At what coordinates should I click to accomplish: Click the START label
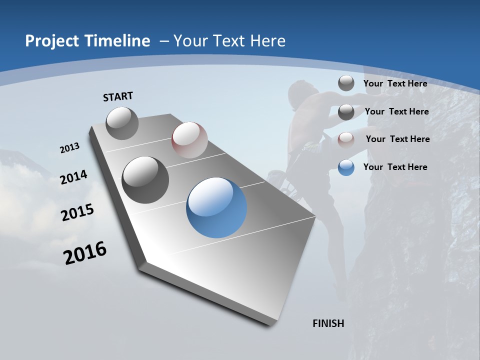[118, 96]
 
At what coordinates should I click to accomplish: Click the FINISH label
[328, 323]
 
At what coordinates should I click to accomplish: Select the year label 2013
[69, 148]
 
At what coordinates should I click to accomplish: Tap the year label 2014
[73, 177]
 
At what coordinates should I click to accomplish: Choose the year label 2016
[85, 253]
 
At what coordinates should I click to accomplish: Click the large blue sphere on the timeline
[216, 207]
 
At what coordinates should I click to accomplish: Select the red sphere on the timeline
[189, 140]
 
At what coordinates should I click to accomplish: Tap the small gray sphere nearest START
[122, 123]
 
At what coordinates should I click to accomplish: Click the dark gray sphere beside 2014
[145, 179]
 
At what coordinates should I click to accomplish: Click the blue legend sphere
[346, 167]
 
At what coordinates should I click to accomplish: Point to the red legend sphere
[346, 139]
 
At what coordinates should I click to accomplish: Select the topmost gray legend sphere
[346, 83]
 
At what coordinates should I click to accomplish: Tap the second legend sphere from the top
[346, 112]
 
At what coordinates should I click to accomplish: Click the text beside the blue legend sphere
[395, 167]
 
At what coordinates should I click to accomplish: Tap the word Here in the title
[267, 41]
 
